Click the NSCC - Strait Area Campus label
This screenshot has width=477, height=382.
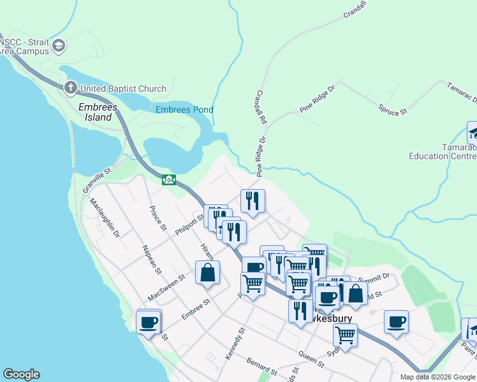pyautogui.click(x=24, y=46)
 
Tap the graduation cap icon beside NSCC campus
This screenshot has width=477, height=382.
pyautogui.click(x=59, y=45)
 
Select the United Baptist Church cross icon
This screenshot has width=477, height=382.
pyautogui.click(x=70, y=88)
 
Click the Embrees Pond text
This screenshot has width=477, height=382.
pyautogui.click(x=184, y=110)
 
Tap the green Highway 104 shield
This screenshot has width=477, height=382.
pyautogui.click(x=168, y=180)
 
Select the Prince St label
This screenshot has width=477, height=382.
pyautogui.click(x=157, y=218)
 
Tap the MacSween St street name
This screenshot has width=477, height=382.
pyautogui.click(x=166, y=286)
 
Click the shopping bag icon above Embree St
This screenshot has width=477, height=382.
pyautogui.click(x=207, y=272)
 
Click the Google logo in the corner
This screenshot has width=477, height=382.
pyautogui.click(x=21, y=374)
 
